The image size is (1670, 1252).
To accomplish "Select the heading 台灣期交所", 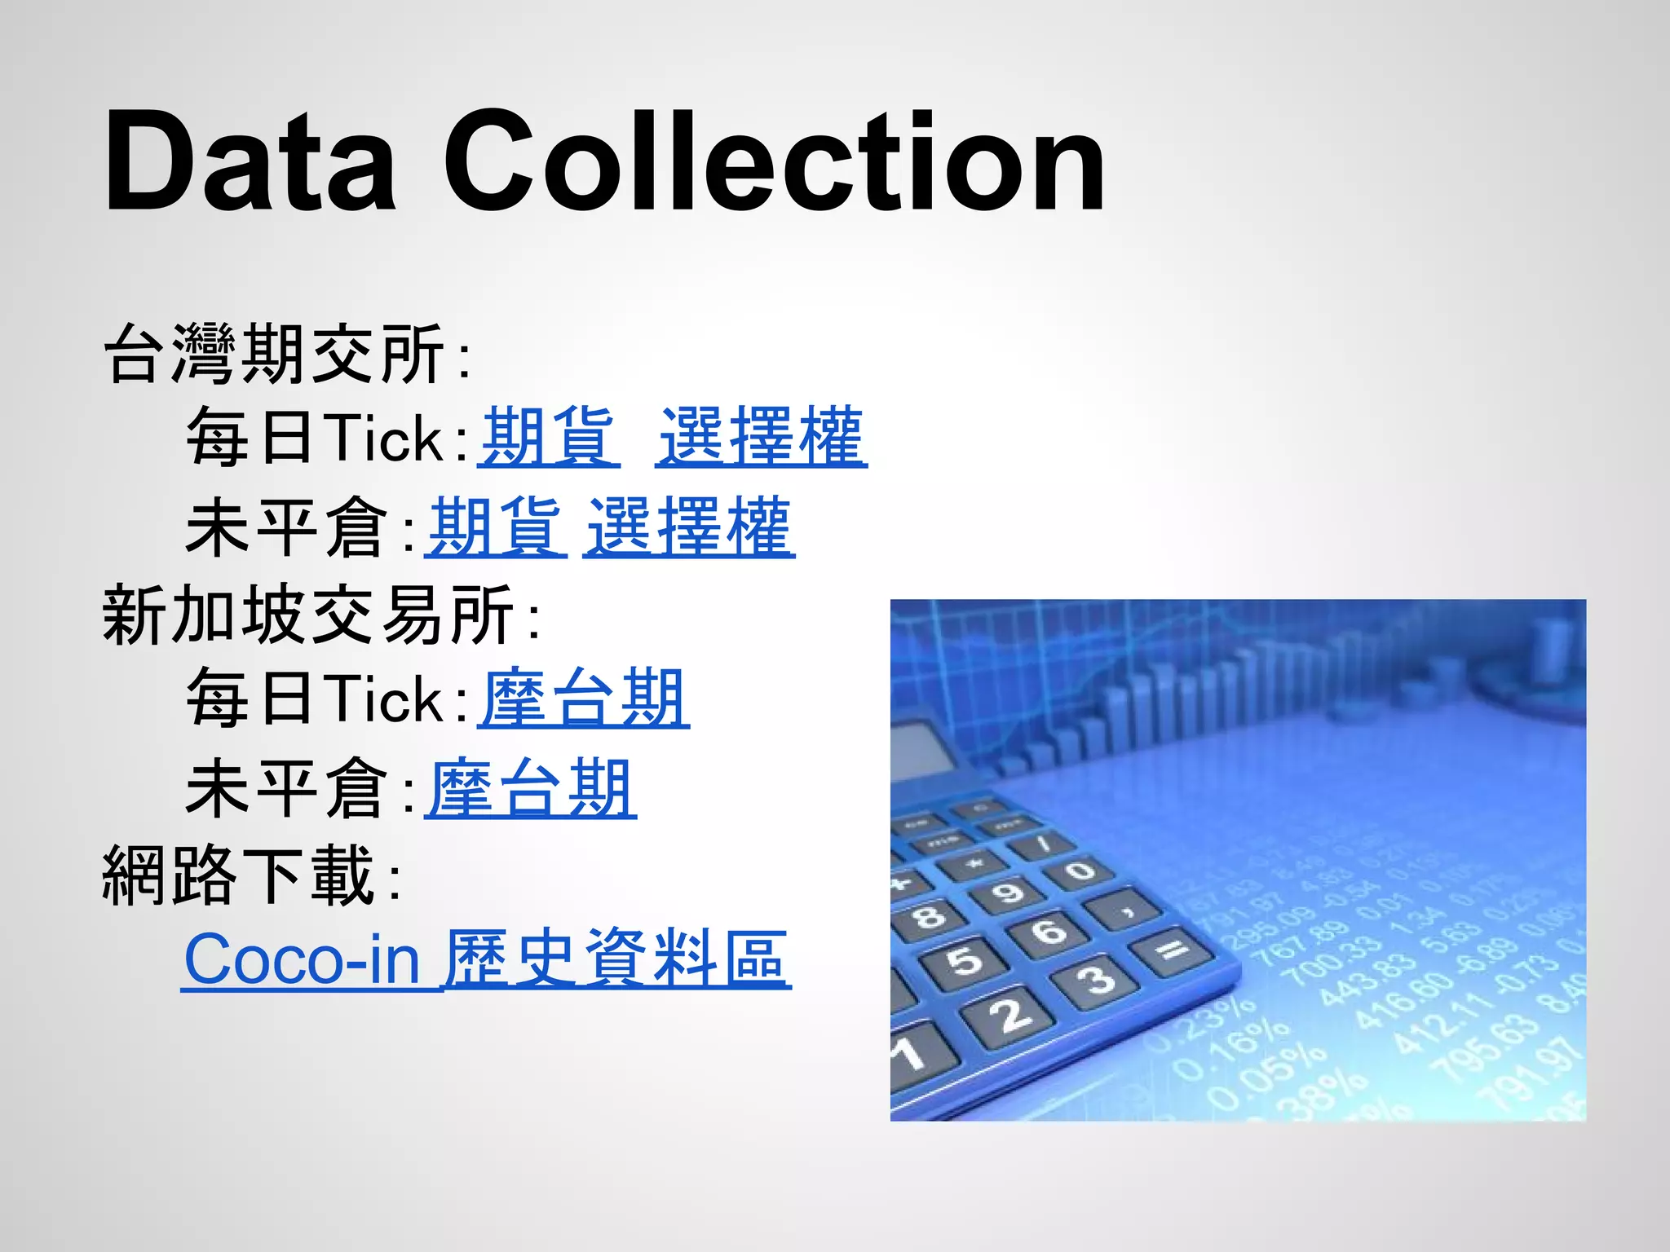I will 274,354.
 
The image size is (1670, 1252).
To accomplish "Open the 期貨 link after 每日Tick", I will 548,438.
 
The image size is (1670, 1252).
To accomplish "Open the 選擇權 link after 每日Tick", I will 761,438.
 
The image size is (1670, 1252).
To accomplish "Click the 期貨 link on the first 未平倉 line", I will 495,528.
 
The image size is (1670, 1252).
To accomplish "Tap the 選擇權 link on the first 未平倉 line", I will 689,528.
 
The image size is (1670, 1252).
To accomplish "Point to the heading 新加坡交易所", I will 308,615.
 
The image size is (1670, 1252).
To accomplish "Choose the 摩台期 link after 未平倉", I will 531,788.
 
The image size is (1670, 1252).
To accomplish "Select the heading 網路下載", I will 238,876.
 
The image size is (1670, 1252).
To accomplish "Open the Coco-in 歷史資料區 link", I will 486,959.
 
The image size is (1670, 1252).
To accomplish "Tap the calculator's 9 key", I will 1008,892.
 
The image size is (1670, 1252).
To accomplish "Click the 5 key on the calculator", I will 965,960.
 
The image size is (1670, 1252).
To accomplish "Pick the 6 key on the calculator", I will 1049,930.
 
